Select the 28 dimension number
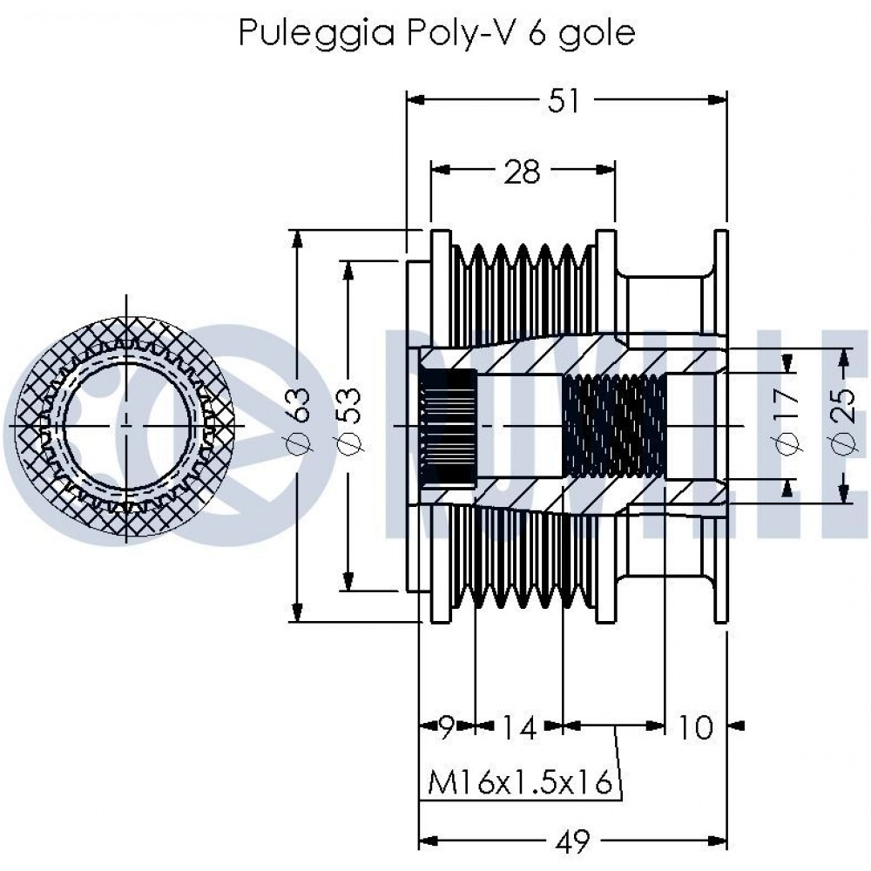coord(522,172)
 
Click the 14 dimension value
coord(519,727)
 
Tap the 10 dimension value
coord(694,727)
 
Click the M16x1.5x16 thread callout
coord(519,781)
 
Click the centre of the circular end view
coord(126,426)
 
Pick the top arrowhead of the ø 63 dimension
coord(298,239)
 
